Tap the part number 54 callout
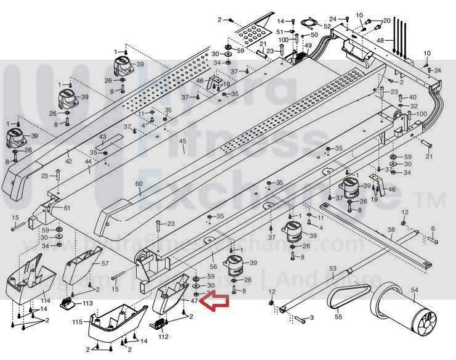[x=414, y=290]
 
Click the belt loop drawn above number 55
[x=348, y=295]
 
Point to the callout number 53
[x=332, y=268]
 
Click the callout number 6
[x=433, y=228]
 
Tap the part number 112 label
[x=164, y=337]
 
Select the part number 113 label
[x=87, y=303]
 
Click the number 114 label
[x=46, y=300]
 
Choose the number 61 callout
[x=67, y=207]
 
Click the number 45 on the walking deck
[x=182, y=142]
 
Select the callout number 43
[x=103, y=137]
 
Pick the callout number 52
[x=327, y=26]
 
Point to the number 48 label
[x=380, y=41]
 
